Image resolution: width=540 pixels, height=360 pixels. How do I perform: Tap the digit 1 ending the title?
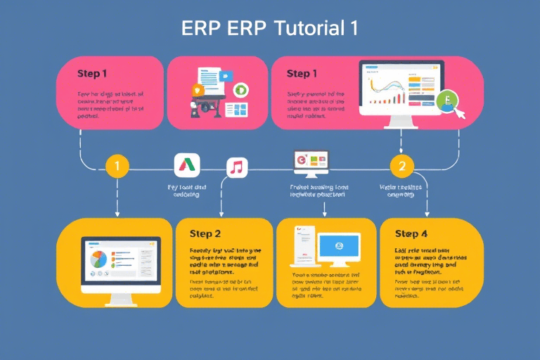pyautogui.click(x=351, y=28)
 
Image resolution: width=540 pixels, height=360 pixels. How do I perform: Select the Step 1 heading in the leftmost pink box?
pyautogui.click(x=92, y=73)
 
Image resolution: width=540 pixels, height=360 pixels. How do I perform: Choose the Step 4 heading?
pyautogui.click(x=411, y=233)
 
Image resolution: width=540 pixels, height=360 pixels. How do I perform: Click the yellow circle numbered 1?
pyautogui.click(x=117, y=167)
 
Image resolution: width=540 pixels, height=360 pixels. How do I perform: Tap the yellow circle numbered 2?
pyautogui.click(x=401, y=167)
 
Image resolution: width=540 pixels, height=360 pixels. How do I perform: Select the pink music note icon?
pyautogui.click(x=237, y=167)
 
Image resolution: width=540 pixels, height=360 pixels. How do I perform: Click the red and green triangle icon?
pyautogui.click(x=186, y=166)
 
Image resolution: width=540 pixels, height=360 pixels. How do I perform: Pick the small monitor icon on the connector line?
pyautogui.click(x=311, y=162)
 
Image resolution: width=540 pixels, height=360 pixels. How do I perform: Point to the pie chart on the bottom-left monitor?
pyautogui.click(x=98, y=259)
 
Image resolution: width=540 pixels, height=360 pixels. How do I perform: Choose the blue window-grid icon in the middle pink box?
pyautogui.click(x=239, y=110)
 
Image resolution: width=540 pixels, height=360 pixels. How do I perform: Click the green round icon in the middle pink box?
pyautogui.click(x=241, y=89)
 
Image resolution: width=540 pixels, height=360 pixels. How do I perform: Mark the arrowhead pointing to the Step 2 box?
pyautogui.click(x=221, y=213)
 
